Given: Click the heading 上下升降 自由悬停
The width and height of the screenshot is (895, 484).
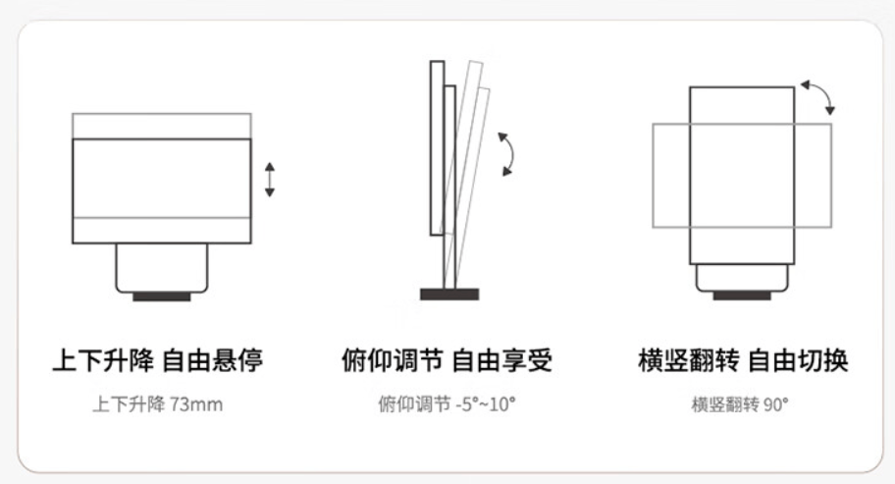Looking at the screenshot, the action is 158,360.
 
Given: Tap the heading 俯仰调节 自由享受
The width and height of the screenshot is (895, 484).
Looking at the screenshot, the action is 447,360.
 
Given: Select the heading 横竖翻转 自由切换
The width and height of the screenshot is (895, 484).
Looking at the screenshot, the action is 743,360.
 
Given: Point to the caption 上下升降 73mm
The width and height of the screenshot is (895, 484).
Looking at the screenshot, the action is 158,404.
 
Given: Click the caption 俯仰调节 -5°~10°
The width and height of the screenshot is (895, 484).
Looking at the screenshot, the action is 447,404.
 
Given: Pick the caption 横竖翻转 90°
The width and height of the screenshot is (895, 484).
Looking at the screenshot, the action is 740,404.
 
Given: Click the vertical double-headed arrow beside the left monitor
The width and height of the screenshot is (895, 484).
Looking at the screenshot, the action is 270,180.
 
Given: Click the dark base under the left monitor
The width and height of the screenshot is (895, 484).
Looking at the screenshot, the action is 162,296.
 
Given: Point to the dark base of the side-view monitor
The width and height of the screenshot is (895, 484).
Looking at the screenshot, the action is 449,295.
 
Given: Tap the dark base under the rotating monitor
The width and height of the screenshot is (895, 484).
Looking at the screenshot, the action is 742,296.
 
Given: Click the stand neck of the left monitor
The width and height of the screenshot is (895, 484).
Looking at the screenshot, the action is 162,268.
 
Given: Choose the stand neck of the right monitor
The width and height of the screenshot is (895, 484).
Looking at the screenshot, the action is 742,278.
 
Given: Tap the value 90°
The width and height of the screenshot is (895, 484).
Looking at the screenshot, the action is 776,404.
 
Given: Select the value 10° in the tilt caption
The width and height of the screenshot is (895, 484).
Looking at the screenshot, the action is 502,404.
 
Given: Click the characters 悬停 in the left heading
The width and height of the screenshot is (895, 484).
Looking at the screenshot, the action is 237,360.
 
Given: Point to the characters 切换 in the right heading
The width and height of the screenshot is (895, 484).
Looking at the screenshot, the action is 823,360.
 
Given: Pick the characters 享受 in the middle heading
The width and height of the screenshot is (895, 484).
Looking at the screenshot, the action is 527,360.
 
